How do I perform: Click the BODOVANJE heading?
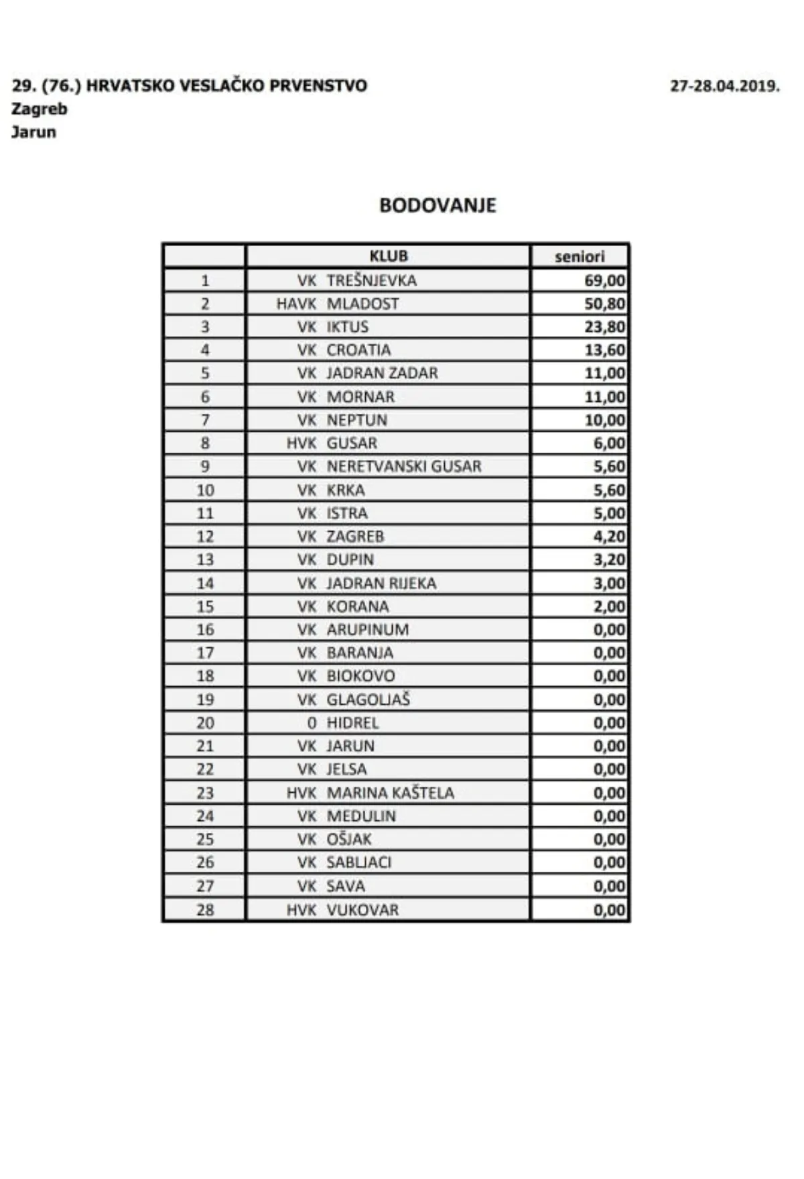[438, 205]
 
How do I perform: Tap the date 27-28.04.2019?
[725, 87]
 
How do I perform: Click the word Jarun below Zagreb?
[33, 132]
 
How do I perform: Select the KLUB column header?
[389, 256]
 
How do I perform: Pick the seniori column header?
[580, 256]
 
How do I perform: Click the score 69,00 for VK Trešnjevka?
[605, 280]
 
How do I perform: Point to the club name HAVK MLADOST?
[338, 304]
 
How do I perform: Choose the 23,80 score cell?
[605, 327]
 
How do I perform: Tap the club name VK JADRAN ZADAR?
[367, 374]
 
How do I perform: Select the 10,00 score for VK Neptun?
[605, 420]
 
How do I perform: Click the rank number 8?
[205, 443]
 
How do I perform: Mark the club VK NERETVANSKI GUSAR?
[389, 467]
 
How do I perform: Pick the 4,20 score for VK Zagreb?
[609, 537]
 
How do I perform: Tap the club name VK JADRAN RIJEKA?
[366, 583]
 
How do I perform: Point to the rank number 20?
[205, 723]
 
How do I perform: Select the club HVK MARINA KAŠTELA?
[370, 793]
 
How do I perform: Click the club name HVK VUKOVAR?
[342, 910]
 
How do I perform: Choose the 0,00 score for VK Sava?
[609, 886]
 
